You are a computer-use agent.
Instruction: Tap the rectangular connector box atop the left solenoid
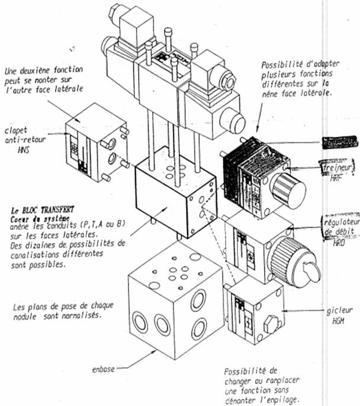136,26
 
